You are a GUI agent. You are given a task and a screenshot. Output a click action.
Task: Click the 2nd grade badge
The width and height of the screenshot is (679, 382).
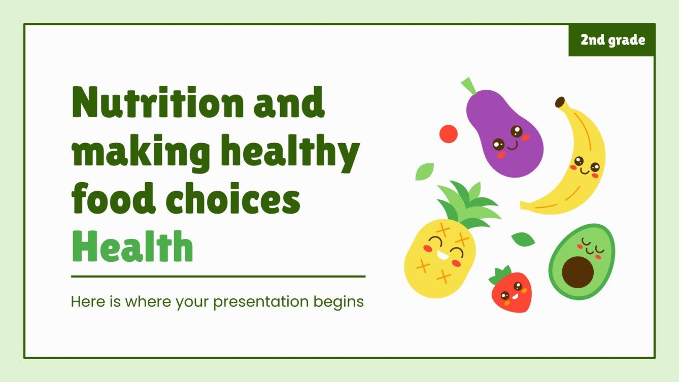click(x=612, y=40)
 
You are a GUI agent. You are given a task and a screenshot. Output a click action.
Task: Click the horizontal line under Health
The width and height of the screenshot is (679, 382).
click(x=218, y=276)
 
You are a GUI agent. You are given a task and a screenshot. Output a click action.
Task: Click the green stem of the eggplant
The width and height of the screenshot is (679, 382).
click(x=468, y=85)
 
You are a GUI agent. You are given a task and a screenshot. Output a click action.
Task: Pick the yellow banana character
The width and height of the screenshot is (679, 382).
click(x=579, y=162)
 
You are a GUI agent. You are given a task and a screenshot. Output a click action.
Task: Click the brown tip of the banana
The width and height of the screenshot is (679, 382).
click(x=560, y=102)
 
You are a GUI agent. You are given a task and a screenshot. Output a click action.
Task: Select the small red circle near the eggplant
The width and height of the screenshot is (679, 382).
click(x=448, y=134)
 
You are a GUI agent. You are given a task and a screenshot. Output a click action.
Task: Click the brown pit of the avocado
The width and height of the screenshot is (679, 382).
click(x=578, y=271)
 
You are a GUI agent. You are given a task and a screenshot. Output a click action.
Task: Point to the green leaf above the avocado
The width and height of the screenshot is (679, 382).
click(x=523, y=239)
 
